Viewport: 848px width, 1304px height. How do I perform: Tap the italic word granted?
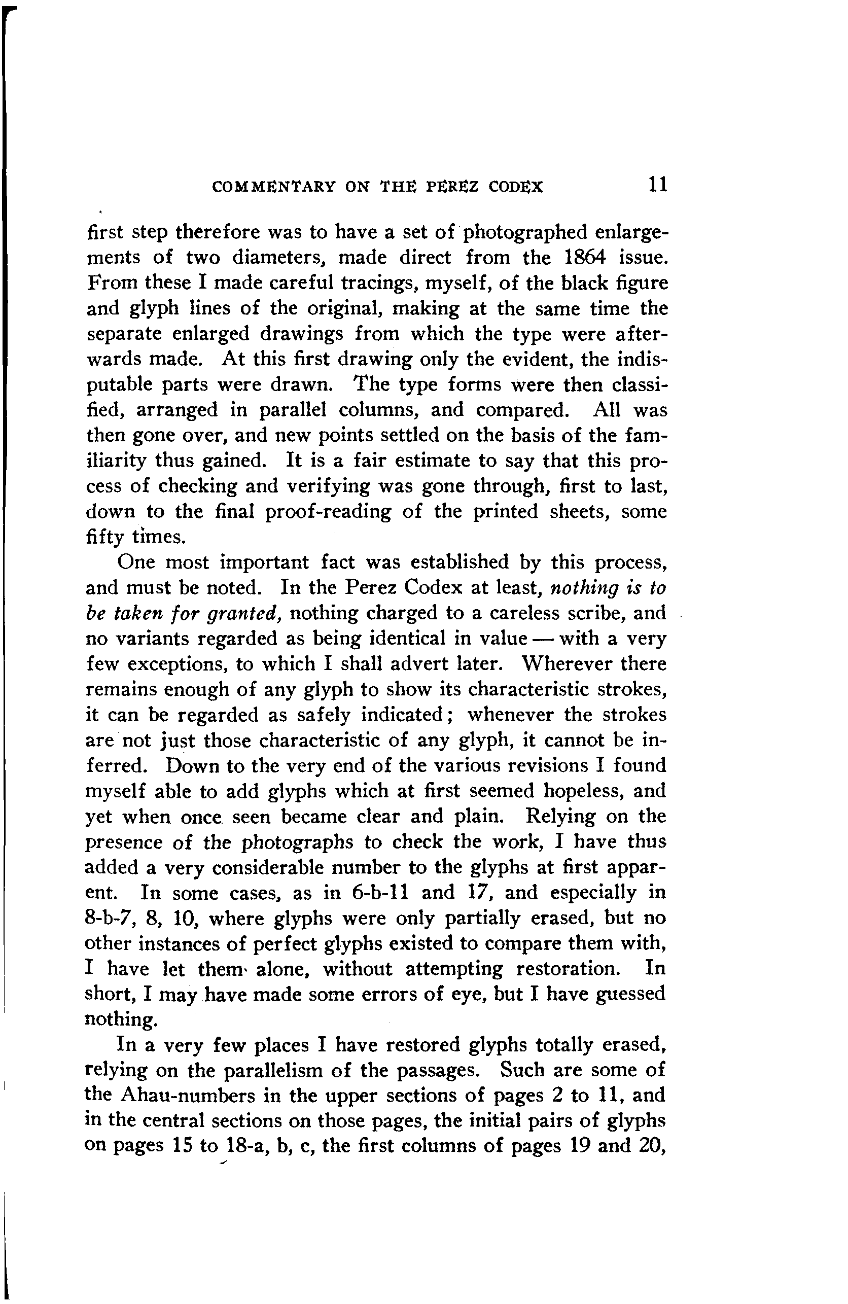(244, 613)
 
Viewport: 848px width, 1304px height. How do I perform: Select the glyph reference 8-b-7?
(110, 918)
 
